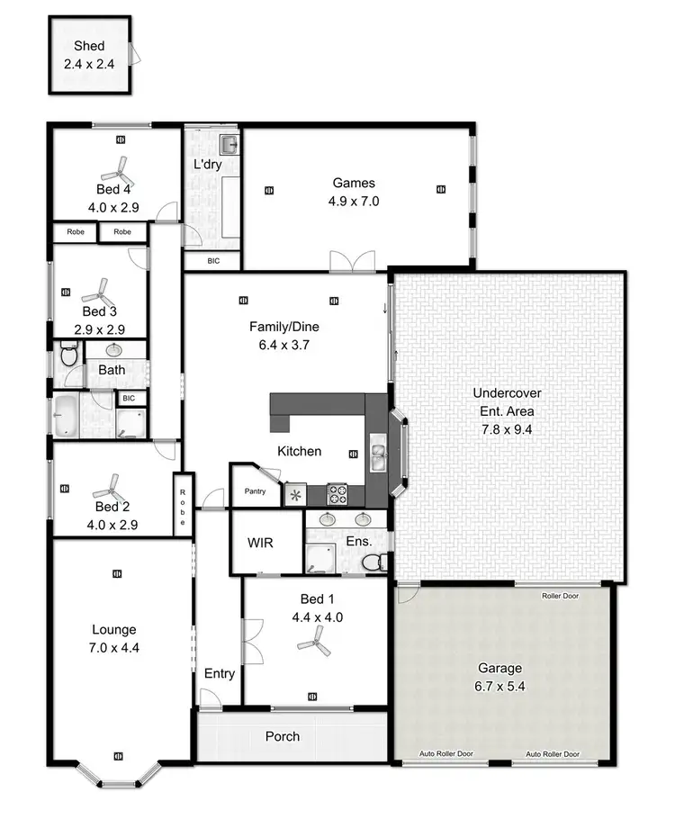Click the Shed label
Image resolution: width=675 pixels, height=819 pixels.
click(x=90, y=46)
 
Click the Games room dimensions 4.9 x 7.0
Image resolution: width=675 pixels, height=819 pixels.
click(x=355, y=202)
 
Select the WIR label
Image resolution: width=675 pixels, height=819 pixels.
click(x=260, y=544)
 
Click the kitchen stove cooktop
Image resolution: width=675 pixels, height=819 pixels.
click(x=337, y=493)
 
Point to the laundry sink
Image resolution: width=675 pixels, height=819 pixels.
click(x=229, y=144)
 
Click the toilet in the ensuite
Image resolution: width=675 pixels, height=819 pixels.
click(x=373, y=562)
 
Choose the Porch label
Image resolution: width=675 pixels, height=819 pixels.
click(x=283, y=736)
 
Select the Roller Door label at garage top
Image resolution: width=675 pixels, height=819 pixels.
click(x=561, y=596)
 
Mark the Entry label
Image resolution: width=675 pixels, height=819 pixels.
click(x=220, y=673)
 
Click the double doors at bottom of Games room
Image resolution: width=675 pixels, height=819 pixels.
click(x=351, y=262)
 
